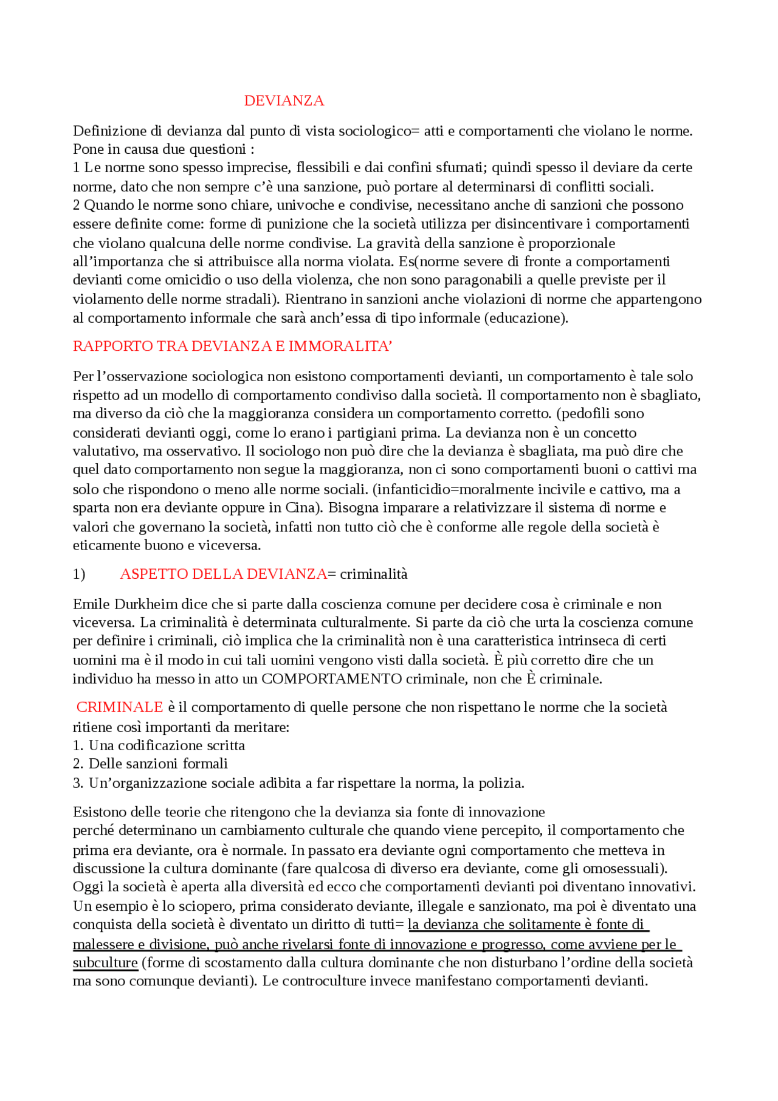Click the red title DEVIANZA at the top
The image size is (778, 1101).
tap(284, 101)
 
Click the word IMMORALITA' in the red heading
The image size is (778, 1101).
tap(340, 347)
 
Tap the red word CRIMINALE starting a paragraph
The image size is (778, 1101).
tap(120, 707)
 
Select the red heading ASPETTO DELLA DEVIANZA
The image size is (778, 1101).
tap(223, 574)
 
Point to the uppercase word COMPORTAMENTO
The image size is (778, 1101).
tap(331, 679)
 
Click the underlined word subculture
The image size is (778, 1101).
tap(105, 963)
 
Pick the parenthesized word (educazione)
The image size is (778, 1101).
tap(526, 319)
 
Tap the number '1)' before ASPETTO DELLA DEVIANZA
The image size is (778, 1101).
tap(79, 575)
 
